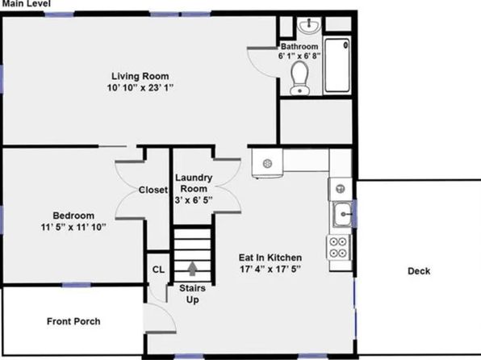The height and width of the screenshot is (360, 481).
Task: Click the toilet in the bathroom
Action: click(x=299, y=78)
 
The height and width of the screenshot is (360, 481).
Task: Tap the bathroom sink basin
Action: click(x=310, y=25)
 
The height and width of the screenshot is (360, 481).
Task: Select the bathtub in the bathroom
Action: click(x=337, y=65)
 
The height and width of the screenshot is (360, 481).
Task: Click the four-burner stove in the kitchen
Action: click(x=338, y=247)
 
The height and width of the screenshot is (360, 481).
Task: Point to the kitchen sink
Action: click(x=343, y=214)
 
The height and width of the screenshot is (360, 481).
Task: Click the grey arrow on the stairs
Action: click(x=192, y=269)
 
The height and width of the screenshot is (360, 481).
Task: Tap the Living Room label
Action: click(x=140, y=76)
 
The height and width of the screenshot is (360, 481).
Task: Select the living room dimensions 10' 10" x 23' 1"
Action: click(x=140, y=88)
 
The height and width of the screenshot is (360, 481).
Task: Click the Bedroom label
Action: click(x=73, y=216)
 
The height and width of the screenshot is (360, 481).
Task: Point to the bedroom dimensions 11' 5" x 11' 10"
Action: click(x=73, y=228)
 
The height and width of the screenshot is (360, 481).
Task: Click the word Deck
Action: click(x=419, y=271)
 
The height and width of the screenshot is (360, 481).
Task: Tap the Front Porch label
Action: click(x=73, y=321)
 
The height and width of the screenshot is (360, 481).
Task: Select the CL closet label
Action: click(x=158, y=270)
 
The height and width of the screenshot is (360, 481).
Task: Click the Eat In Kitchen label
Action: click(x=270, y=257)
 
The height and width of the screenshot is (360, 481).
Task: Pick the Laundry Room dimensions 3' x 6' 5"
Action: click(x=193, y=200)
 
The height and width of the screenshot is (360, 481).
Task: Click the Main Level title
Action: click(x=26, y=4)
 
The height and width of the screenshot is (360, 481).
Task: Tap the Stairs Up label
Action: click(x=192, y=294)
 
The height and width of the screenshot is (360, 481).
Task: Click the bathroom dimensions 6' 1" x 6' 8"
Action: click(x=299, y=56)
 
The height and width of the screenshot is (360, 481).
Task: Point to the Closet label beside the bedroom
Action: click(x=153, y=190)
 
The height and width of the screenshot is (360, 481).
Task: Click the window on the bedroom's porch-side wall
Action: click(x=77, y=285)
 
